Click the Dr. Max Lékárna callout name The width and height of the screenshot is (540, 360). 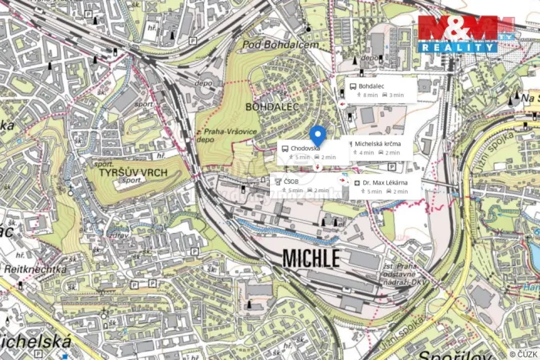click(385, 182)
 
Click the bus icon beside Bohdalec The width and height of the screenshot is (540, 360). click(353, 86)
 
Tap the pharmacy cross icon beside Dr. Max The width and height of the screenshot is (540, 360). click(358, 182)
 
